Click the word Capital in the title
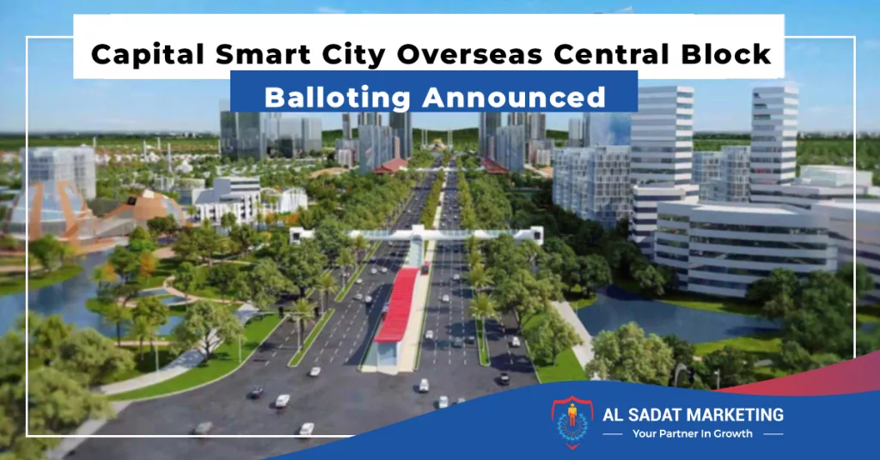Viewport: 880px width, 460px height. click(148, 55)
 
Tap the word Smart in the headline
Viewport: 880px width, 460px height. click(263, 54)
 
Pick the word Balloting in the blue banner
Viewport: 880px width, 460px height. click(338, 98)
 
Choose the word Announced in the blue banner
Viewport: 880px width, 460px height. click(514, 97)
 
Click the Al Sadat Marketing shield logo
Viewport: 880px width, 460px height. click(571, 422)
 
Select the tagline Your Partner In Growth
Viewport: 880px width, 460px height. click(693, 433)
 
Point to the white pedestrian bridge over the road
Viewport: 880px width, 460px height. click(417, 233)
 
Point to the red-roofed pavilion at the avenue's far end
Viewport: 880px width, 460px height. click(391, 166)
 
